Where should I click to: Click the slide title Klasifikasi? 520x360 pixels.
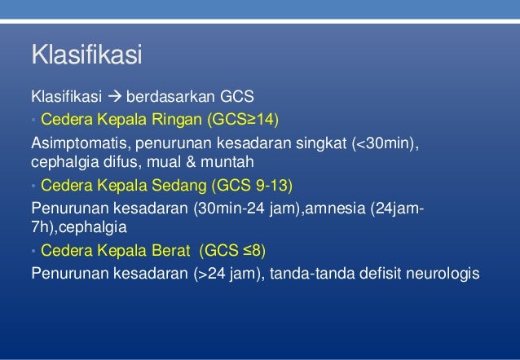click(x=86, y=58)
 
